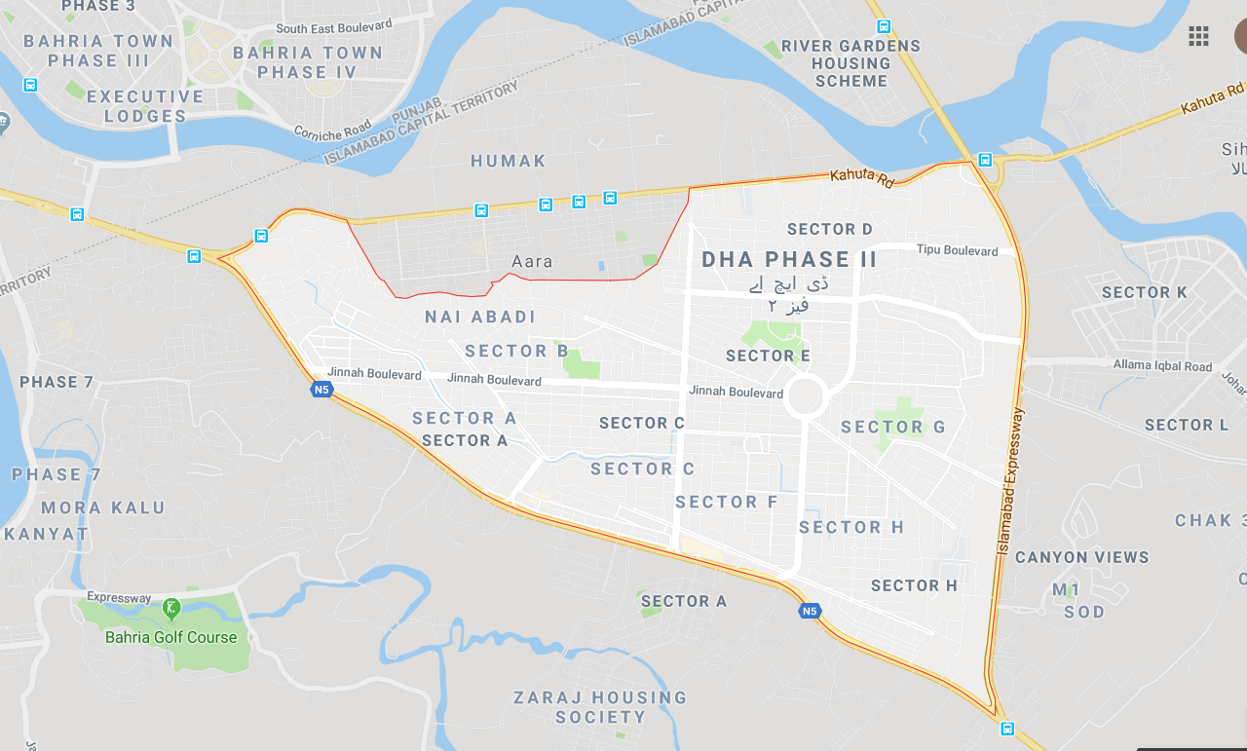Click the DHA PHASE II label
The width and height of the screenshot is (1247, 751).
pyautogui.click(x=789, y=260)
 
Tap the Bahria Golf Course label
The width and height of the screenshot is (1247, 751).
pyautogui.click(x=171, y=637)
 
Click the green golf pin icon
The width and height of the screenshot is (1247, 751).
pyautogui.click(x=171, y=610)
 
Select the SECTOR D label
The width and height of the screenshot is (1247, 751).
pyautogui.click(x=829, y=229)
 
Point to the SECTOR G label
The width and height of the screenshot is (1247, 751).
pyautogui.click(x=892, y=427)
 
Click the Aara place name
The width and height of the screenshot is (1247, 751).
pyautogui.click(x=532, y=261)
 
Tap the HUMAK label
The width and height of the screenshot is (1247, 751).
pyautogui.click(x=509, y=161)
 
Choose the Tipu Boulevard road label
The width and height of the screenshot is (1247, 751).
pyautogui.click(x=957, y=250)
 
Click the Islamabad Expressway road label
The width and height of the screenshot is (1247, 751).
pyautogui.click(x=1010, y=482)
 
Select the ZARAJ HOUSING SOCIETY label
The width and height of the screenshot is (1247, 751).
pyautogui.click(x=600, y=707)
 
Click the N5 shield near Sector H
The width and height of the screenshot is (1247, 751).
pyautogui.click(x=809, y=611)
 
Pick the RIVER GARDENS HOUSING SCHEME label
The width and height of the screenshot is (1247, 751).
pyautogui.click(x=850, y=63)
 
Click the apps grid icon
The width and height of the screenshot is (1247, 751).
pyautogui.click(x=1198, y=37)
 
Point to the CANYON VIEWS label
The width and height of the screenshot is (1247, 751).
pyautogui.click(x=1081, y=557)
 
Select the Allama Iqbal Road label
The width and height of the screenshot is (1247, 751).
pyautogui.click(x=1162, y=366)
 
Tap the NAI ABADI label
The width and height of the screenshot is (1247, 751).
pyautogui.click(x=480, y=317)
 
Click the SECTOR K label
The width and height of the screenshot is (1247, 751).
pyautogui.click(x=1144, y=292)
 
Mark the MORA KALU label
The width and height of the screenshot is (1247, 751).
pyautogui.click(x=103, y=507)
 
